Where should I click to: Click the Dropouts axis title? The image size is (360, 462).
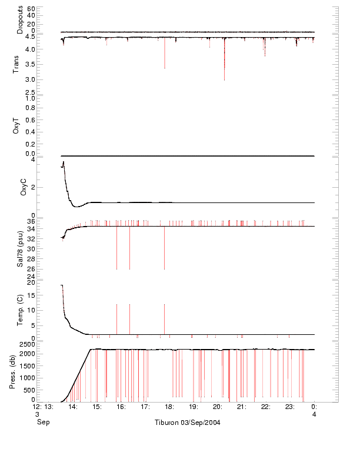point(20,19)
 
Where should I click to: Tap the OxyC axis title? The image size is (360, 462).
point(24,187)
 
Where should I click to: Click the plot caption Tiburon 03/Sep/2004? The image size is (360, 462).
point(188,423)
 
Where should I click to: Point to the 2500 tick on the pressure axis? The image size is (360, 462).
point(28,343)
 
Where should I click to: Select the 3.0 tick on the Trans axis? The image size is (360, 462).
point(30,79)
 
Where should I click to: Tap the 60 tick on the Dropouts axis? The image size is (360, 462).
point(31,9)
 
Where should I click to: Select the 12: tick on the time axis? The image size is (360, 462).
point(36,406)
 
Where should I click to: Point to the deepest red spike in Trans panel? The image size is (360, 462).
point(224,79)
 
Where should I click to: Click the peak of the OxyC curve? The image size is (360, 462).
point(64,162)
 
